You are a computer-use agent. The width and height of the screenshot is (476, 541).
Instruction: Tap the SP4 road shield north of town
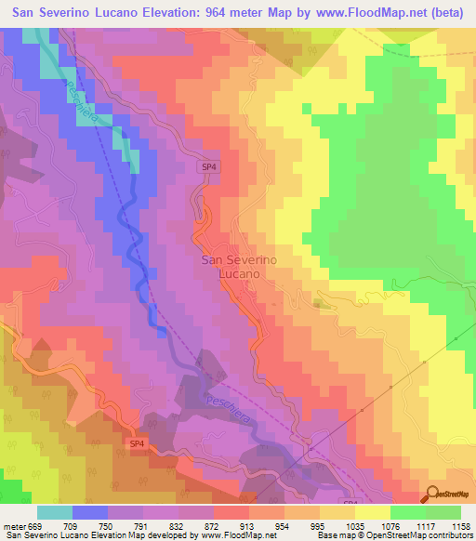(210, 166)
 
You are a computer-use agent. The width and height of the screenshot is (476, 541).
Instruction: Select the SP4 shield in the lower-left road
(136, 444)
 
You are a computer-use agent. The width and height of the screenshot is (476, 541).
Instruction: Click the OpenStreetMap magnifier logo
(432, 495)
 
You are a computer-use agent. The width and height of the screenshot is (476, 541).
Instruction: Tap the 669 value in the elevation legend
(35, 525)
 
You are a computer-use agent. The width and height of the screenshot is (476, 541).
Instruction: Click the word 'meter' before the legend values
(13, 525)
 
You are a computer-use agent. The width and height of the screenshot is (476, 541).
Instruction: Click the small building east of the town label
(322, 303)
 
